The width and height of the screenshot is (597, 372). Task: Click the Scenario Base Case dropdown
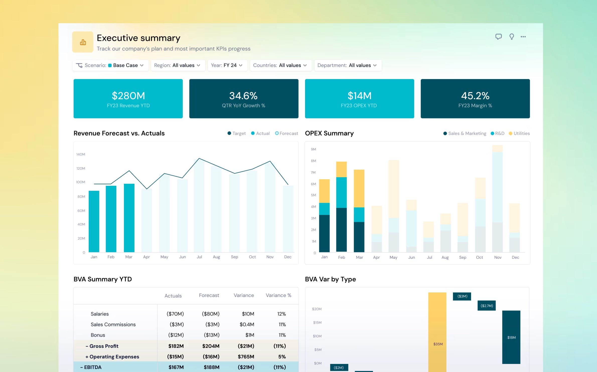click(x=110, y=65)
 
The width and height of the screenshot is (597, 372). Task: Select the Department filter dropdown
click(x=348, y=65)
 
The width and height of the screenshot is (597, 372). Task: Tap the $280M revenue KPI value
click(x=128, y=96)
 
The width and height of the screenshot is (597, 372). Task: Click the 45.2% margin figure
click(x=475, y=96)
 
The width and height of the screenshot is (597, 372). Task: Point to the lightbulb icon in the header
click(x=511, y=37)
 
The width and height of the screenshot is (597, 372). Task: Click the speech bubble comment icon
click(x=498, y=37)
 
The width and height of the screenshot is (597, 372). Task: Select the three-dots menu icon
click(x=523, y=37)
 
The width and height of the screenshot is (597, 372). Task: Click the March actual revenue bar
click(x=129, y=218)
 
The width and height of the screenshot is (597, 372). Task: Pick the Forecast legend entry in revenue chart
click(x=286, y=133)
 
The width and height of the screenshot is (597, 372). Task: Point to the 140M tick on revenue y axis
click(x=81, y=154)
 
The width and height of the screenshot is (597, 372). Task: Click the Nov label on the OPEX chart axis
click(x=498, y=257)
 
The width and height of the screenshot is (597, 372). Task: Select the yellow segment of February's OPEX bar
click(x=341, y=169)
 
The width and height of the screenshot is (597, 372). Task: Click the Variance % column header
click(x=278, y=295)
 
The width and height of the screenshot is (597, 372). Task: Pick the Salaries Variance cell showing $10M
click(x=248, y=314)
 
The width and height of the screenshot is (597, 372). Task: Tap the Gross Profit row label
click(x=104, y=346)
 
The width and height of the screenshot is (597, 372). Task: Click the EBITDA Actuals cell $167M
click(x=176, y=367)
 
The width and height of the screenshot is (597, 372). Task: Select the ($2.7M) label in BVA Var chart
click(x=487, y=306)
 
